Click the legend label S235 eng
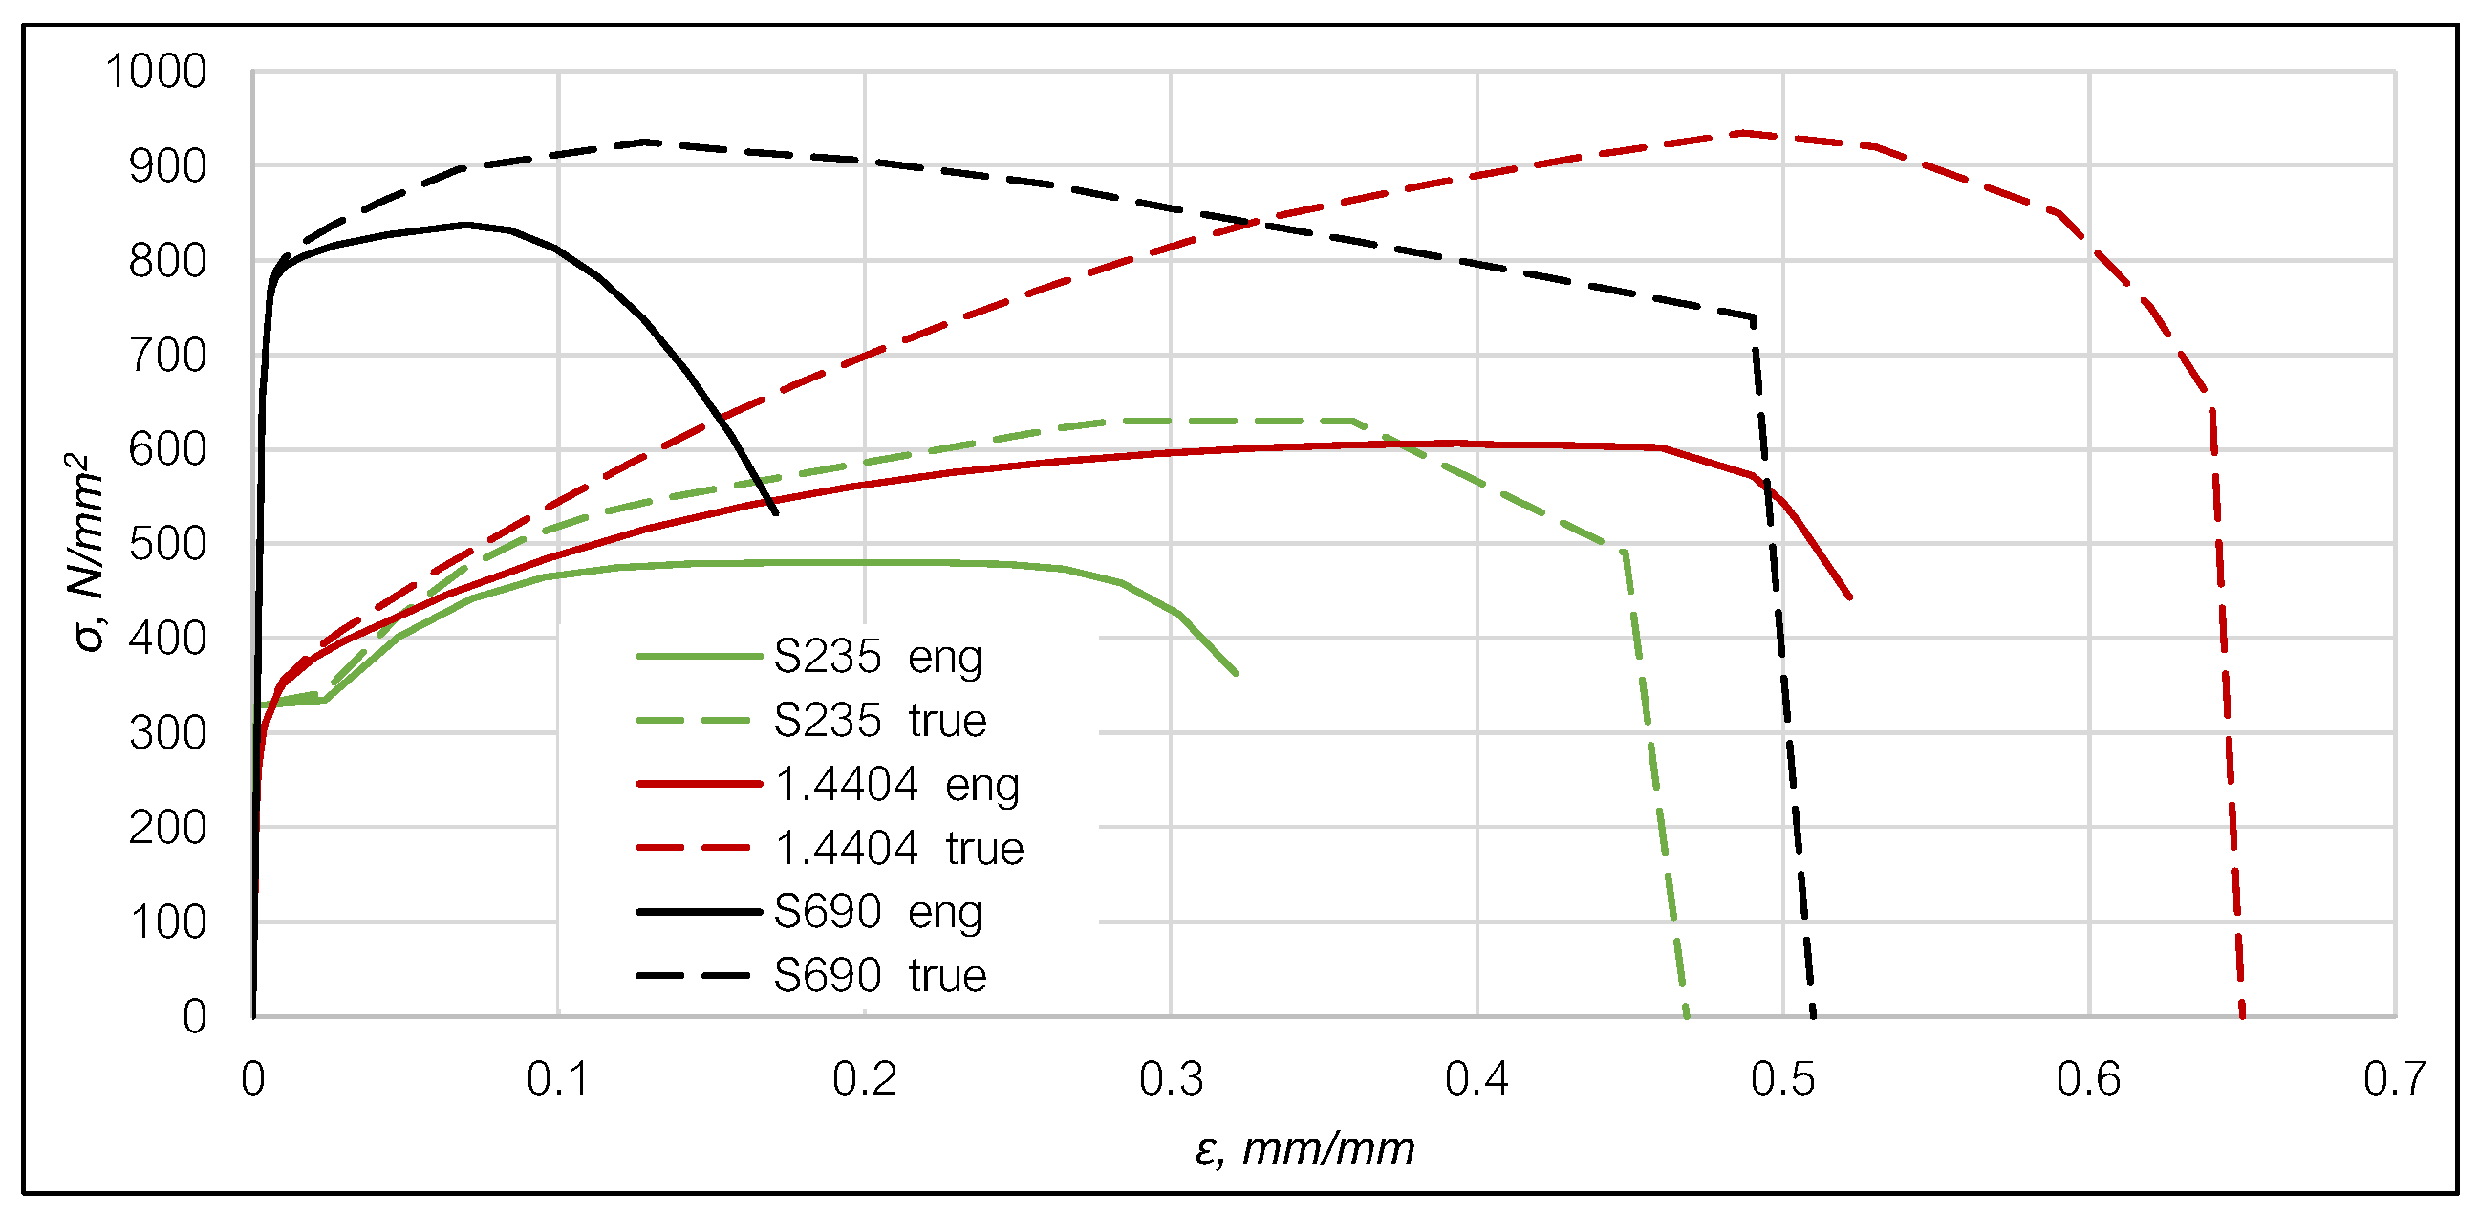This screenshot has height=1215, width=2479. coord(877,657)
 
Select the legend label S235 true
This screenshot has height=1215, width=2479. coord(879,720)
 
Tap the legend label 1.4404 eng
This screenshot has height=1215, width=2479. coord(897,785)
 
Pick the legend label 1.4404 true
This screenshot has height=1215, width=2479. coord(899,848)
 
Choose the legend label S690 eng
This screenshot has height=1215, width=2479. coord(877,912)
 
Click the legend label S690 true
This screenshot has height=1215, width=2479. coord(879,975)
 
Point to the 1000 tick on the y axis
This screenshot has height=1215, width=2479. coord(156,73)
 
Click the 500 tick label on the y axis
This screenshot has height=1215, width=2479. coord(167,544)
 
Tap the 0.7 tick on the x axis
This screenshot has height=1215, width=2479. coord(2394,1078)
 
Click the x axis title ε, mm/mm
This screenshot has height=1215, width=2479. coord(1304,1149)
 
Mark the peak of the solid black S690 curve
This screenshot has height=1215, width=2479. coord(465,225)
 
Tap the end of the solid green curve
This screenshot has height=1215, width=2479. coord(1236,673)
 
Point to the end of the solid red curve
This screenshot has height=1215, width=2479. coord(1849,597)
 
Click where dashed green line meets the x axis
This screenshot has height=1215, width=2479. coord(1687,1015)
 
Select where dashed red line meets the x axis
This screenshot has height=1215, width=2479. coord(2242,1015)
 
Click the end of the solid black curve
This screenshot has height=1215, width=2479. coord(776,512)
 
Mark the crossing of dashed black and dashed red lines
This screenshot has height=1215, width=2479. coord(1251,224)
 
